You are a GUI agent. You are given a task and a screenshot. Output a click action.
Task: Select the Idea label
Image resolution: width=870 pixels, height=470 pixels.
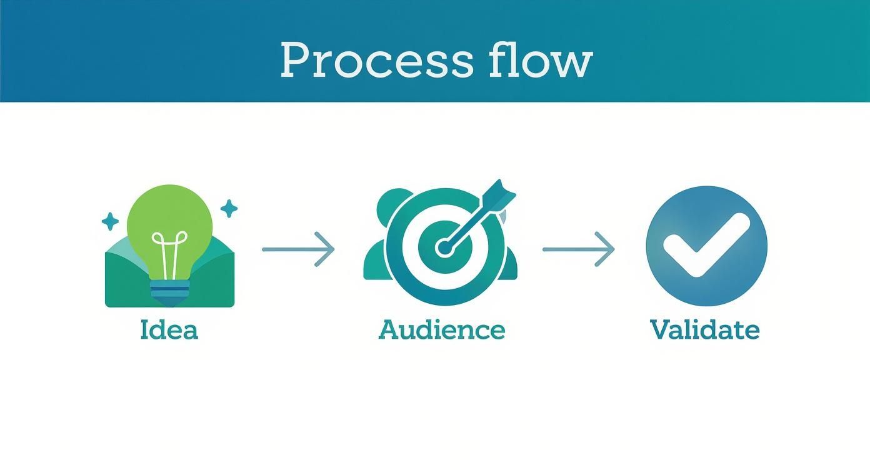click(x=169, y=329)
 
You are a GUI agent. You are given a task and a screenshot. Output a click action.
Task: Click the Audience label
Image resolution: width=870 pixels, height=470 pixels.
click(x=441, y=329)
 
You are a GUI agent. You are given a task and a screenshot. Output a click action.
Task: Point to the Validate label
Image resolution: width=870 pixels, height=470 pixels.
click(x=704, y=329)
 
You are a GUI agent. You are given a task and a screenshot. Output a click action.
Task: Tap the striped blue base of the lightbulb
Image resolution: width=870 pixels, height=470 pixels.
click(x=169, y=289)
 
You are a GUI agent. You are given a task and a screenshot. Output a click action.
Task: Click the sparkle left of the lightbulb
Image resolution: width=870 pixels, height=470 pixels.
click(x=110, y=221)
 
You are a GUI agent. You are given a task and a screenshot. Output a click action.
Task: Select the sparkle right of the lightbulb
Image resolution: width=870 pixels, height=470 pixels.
click(x=229, y=209)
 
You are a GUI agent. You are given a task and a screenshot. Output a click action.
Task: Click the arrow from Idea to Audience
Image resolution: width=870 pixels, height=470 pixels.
click(x=298, y=249)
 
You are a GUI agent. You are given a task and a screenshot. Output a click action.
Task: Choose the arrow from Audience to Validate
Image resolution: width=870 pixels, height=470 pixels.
click(x=578, y=249)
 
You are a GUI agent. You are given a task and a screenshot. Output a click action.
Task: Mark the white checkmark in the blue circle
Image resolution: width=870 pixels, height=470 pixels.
click(x=705, y=246)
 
